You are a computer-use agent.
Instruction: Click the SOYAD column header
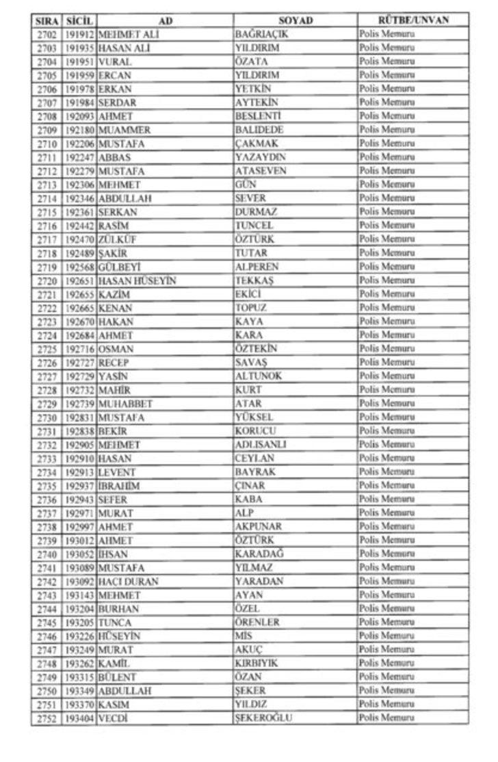tap(296, 21)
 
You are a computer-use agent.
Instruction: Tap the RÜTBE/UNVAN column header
tap(413, 20)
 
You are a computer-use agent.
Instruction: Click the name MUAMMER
tap(124, 130)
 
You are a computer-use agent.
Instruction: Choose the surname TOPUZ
tap(250, 308)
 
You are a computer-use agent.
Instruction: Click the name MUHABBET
tap(126, 403)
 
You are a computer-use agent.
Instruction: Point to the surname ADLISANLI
tap(260, 444)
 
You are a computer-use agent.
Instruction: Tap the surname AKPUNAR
tap(258, 526)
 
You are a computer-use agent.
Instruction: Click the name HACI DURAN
tap(129, 581)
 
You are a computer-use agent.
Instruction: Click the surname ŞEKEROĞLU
tap(263, 718)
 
